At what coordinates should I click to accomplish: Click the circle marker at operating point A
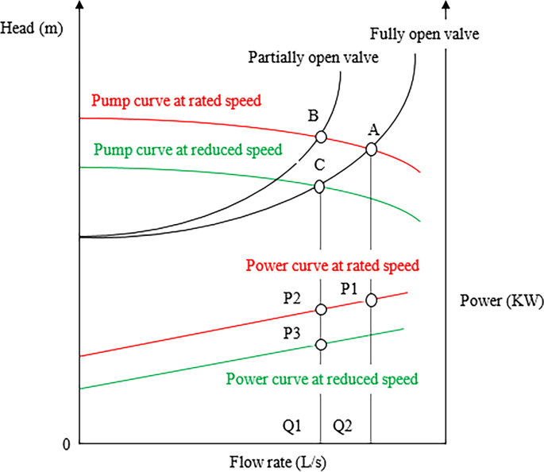click(371, 149)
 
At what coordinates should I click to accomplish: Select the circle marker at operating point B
click(321, 137)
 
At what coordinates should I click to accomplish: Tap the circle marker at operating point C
click(320, 187)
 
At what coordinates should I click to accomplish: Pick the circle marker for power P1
click(371, 300)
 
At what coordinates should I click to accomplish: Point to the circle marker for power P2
click(321, 309)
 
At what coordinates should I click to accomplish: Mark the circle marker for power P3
click(321, 344)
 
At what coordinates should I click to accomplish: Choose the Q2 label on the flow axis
click(343, 427)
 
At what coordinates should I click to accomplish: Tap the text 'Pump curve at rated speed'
click(177, 101)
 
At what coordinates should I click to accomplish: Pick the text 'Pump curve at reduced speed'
click(188, 149)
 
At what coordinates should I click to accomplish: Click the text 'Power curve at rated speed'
click(333, 265)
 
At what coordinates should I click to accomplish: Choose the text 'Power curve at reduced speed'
click(322, 378)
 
